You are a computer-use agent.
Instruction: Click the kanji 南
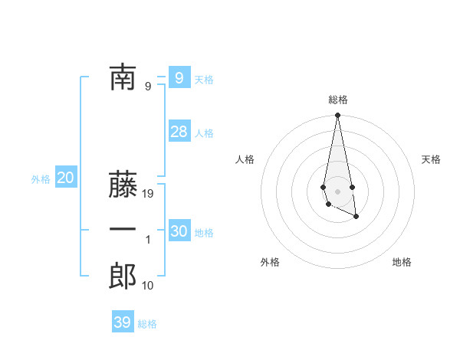coord(123,77)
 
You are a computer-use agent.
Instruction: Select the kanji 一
coord(123,229)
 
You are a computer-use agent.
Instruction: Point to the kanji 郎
coord(123,276)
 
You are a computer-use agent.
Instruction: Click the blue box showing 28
coord(179,132)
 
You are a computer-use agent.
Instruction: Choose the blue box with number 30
coord(179,231)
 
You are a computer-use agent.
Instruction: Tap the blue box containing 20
coord(65,178)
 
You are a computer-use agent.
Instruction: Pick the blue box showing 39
coord(123,322)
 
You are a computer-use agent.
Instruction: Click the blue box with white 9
coord(179,77)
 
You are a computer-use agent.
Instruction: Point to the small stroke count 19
coord(149,194)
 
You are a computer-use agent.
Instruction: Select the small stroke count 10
coord(148,286)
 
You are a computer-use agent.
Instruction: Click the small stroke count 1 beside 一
coord(148,240)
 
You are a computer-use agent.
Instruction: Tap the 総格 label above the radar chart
coord(338,100)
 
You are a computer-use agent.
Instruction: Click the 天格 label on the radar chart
coord(432,159)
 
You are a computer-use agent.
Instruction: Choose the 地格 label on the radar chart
coord(402,262)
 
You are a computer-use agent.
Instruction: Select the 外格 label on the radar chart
coord(270,262)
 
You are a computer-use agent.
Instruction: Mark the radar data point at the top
coord(338,116)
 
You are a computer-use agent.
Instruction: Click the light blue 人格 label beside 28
coord(204,133)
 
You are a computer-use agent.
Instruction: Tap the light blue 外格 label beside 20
coord(41,179)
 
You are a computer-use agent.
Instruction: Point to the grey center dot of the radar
coord(338,191)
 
